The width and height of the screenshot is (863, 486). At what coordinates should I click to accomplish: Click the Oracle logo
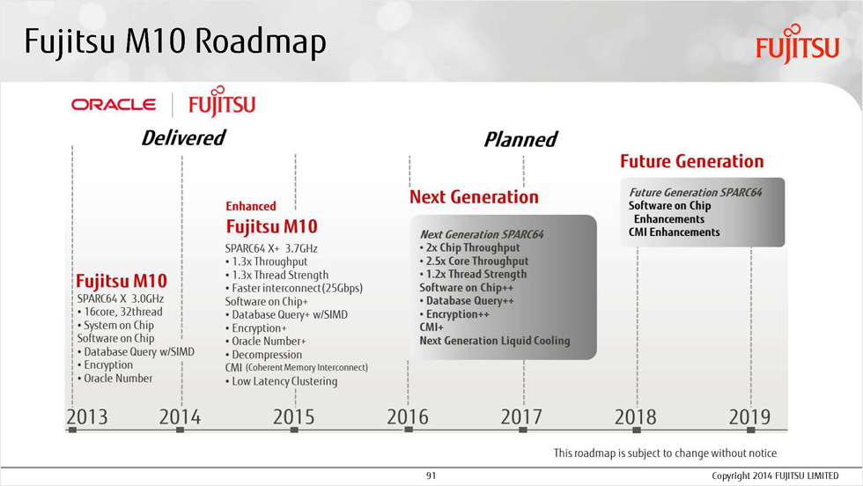[114, 105]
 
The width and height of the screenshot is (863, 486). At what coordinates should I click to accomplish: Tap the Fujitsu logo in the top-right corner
[798, 44]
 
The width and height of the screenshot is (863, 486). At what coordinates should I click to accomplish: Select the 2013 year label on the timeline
[87, 416]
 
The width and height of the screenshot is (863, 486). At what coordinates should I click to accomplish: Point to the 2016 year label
[407, 416]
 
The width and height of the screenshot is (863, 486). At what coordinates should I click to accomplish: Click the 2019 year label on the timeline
[749, 416]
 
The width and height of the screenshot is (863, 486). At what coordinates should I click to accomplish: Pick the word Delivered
[183, 137]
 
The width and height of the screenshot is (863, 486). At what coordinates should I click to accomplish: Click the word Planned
[520, 139]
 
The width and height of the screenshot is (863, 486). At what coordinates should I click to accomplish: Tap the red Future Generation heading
[692, 161]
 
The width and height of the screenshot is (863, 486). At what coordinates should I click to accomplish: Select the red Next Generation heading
[474, 197]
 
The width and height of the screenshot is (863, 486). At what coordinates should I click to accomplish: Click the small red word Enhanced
[250, 206]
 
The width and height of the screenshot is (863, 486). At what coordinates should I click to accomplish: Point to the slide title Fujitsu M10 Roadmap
[175, 42]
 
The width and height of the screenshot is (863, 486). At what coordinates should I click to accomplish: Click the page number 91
[431, 475]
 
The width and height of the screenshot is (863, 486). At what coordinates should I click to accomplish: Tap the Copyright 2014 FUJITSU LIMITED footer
[775, 475]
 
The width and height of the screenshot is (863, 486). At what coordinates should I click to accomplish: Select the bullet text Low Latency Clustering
[284, 381]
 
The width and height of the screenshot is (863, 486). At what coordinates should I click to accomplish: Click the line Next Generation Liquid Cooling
[495, 341]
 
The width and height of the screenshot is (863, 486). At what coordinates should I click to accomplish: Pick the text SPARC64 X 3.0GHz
[121, 298]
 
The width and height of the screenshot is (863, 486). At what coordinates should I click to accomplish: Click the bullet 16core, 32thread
[123, 312]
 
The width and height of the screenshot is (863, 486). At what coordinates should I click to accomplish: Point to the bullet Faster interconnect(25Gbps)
[298, 288]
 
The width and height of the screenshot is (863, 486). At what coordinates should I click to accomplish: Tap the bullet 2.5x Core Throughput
[477, 261]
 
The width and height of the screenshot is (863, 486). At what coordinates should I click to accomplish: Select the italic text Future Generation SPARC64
[696, 192]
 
